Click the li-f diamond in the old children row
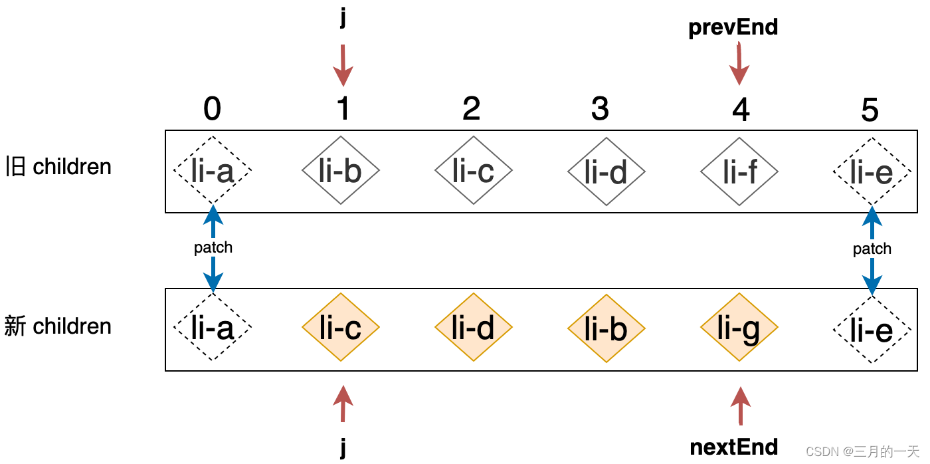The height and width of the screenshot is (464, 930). [x=739, y=171]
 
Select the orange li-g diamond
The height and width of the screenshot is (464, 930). [x=739, y=327]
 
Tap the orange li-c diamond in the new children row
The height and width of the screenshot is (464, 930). [x=340, y=327]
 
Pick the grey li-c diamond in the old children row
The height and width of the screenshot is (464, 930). [x=473, y=171]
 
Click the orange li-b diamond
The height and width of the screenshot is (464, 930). [x=606, y=327]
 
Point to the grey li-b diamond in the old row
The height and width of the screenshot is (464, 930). [x=340, y=171]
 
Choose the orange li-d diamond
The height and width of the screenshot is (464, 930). [x=473, y=327]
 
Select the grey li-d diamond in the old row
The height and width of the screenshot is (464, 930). [x=606, y=171]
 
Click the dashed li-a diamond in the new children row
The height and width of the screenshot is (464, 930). [x=212, y=327]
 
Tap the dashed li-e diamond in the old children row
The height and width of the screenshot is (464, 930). [x=872, y=171]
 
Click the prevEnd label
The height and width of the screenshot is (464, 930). [x=733, y=28]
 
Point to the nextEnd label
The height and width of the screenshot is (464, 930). [x=733, y=447]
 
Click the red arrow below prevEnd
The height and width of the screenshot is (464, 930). [x=739, y=64]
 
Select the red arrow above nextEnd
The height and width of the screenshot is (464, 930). [x=739, y=405]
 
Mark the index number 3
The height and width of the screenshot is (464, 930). [x=600, y=109]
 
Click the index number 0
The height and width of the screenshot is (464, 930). [x=212, y=109]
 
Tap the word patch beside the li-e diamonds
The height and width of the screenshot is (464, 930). [x=872, y=249]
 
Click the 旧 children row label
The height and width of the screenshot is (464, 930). [x=58, y=167]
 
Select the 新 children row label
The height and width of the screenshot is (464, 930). [x=58, y=326]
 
